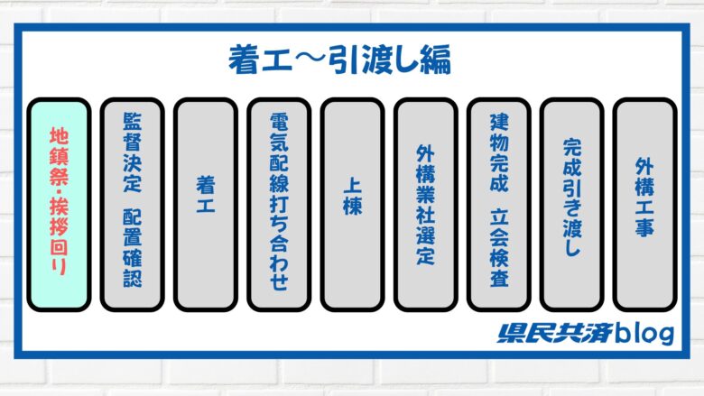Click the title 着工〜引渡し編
point(339,60)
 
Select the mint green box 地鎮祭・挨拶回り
point(59,205)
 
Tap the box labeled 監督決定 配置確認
point(132,205)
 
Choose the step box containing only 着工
point(206,205)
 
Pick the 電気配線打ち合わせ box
point(279,205)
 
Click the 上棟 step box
point(352,205)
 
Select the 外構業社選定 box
point(426,205)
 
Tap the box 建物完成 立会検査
point(499,205)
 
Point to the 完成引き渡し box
point(572,205)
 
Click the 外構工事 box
point(644,205)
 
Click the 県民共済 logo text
point(554,333)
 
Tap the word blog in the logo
point(644,334)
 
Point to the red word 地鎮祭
point(59,157)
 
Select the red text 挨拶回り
point(59,237)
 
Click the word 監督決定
point(132,152)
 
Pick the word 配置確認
point(132,248)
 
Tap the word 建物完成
point(499,153)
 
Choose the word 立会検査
point(499,248)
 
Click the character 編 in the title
point(436,60)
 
